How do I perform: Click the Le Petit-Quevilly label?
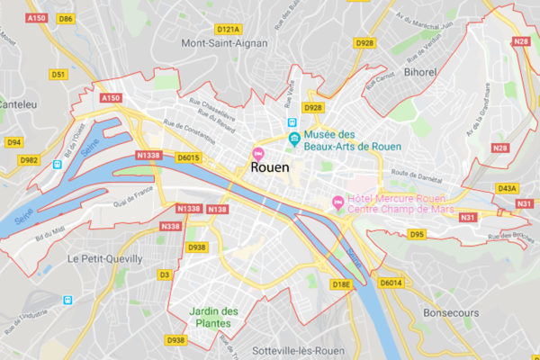[104, 258]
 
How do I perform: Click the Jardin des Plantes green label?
[213, 319]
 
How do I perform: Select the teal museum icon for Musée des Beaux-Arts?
[293, 137]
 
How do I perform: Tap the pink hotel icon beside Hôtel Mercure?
[338, 201]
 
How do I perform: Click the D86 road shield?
[65, 18]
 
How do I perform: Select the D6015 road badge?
[188, 157]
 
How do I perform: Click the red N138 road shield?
[218, 209]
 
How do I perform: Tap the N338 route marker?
[170, 226]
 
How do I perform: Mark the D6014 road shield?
[391, 283]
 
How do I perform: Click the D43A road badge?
[508, 188]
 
